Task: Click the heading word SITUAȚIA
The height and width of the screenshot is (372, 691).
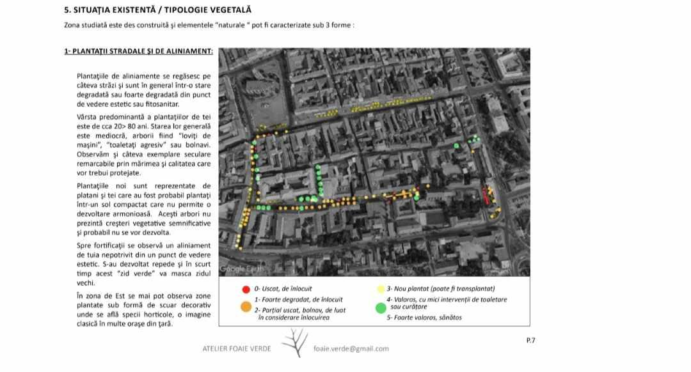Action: click(x=97, y=10)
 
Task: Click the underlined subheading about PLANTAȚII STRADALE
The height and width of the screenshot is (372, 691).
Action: click(x=138, y=51)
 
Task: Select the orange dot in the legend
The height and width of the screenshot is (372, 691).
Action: click(x=246, y=307)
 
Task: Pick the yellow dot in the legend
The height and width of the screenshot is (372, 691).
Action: click(x=381, y=289)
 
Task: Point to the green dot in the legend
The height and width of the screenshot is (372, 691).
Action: click(x=381, y=308)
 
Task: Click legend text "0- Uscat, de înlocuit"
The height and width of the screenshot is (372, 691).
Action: click(x=283, y=289)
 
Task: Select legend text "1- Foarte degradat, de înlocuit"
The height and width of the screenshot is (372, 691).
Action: click(x=298, y=299)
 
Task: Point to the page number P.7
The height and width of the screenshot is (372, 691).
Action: click(x=530, y=340)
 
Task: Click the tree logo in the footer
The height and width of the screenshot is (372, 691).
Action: click(x=294, y=343)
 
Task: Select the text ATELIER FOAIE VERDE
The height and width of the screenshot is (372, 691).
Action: click(x=237, y=348)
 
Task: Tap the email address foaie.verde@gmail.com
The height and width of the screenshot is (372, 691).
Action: click(x=351, y=348)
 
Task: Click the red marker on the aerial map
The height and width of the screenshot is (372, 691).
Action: click(x=485, y=196)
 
